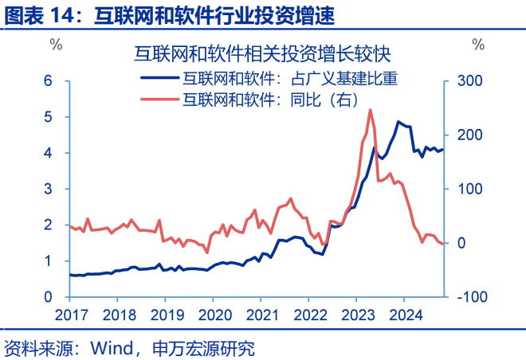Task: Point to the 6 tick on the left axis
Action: pyautogui.click(x=48, y=81)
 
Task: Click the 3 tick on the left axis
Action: pyautogui.click(x=48, y=189)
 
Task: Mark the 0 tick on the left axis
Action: pyautogui.click(x=48, y=297)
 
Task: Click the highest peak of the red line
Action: pyautogui.click(x=371, y=110)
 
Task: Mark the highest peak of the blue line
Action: pyautogui.click(x=398, y=122)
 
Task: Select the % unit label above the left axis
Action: pyautogui.click(x=57, y=44)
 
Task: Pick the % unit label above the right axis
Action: pyautogui.click(x=478, y=44)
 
